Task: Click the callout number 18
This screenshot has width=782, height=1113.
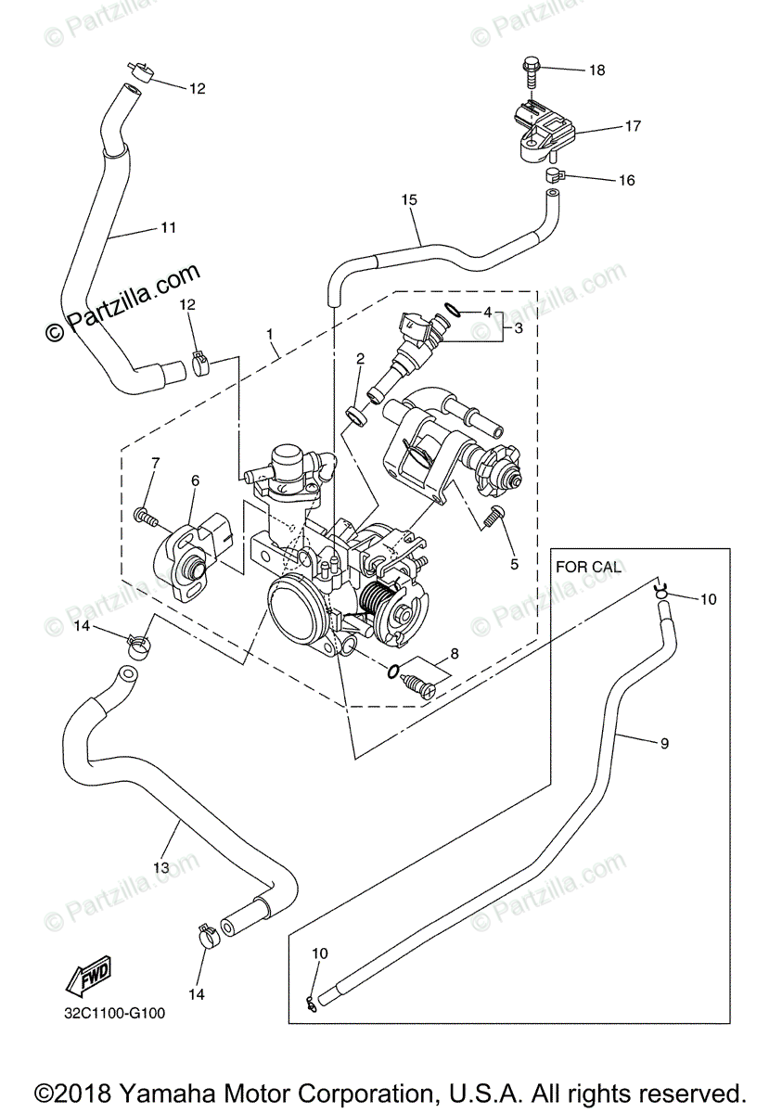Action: [x=597, y=70]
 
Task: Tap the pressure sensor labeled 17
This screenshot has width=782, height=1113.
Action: [x=543, y=131]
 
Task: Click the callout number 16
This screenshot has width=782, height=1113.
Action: [x=627, y=180]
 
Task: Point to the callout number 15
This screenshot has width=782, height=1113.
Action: [x=409, y=199]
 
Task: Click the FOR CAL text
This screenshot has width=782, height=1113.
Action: [x=588, y=567]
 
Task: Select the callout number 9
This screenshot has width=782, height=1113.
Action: [x=665, y=743]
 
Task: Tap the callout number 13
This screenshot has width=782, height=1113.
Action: [x=161, y=868]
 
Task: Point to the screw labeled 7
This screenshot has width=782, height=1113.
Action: [x=146, y=517]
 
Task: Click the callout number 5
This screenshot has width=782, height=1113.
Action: [x=514, y=564]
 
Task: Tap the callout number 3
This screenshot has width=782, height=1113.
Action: [x=519, y=328]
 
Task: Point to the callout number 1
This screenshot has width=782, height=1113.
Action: [x=269, y=334]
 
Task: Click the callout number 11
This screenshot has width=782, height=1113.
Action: [x=169, y=227]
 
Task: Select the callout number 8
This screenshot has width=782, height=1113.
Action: [x=455, y=654]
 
